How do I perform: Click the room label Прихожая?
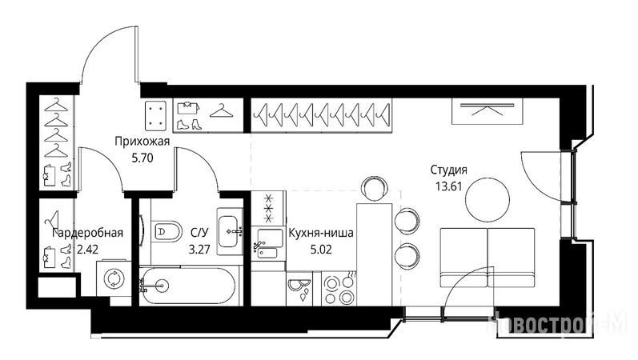(142, 142)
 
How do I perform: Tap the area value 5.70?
(142, 158)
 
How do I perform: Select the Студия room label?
(449, 170)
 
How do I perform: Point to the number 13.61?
(449, 186)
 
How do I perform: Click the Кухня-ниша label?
(321, 233)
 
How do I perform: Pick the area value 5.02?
(321, 249)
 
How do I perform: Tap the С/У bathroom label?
(199, 233)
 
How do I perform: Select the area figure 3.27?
(199, 249)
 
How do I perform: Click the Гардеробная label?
(88, 233)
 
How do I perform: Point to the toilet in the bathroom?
(167, 232)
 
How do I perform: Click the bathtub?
(187, 286)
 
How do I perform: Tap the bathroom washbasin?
(229, 231)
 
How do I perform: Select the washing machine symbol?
(113, 279)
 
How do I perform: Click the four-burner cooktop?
(339, 290)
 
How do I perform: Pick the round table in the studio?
(488, 200)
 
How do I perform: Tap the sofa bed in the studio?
(488, 258)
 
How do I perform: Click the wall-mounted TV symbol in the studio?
(487, 110)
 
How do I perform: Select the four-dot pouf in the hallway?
(156, 115)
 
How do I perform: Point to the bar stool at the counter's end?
(374, 187)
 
